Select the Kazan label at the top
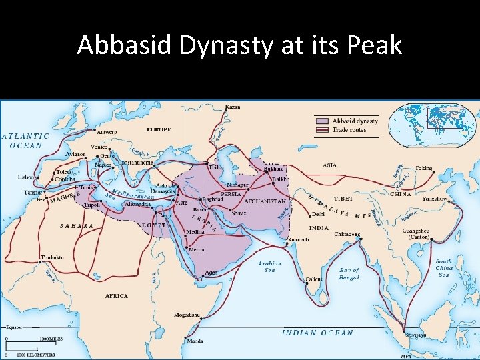[233, 107]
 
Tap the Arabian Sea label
[269, 267]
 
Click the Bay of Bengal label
[349, 273]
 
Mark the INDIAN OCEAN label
[317, 333]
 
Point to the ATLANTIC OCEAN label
[26, 141]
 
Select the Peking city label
[423, 169]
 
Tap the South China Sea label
[443, 268]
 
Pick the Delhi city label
[319, 215]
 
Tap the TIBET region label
[343, 199]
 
